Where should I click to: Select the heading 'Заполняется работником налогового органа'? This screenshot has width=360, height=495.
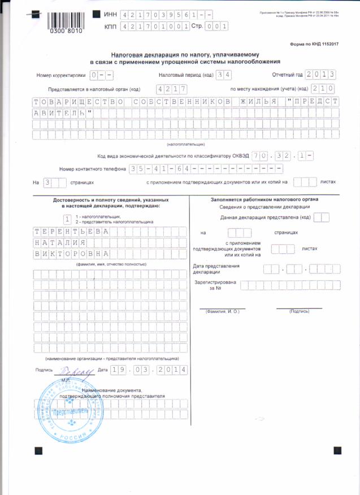click(265, 199)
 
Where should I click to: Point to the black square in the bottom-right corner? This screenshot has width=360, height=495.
click(339, 450)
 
